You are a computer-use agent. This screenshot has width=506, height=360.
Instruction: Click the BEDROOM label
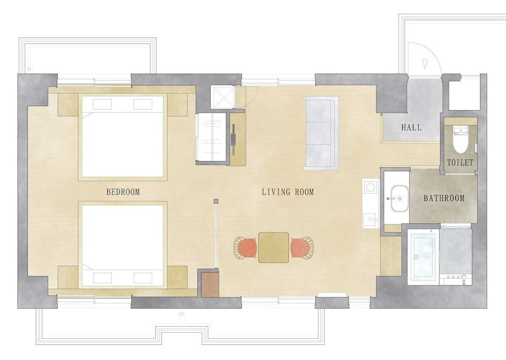(123, 192)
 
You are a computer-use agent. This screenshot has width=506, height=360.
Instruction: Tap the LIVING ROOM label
(288, 192)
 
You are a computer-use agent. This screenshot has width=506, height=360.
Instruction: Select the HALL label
(411, 128)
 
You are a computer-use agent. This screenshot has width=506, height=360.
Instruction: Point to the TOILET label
(460, 163)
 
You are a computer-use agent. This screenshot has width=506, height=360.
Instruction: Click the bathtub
(423, 256)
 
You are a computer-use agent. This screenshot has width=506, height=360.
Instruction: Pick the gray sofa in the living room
(321, 133)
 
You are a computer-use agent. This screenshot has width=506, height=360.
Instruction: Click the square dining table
(273, 247)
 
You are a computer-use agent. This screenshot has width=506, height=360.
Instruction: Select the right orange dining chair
(301, 248)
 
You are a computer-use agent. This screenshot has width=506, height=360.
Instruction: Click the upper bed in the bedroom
(123, 137)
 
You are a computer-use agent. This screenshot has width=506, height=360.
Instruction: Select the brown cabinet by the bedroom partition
(210, 285)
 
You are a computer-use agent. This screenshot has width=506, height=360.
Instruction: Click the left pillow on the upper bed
(102, 104)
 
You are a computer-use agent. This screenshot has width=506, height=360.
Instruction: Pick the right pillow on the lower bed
(143, 278)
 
